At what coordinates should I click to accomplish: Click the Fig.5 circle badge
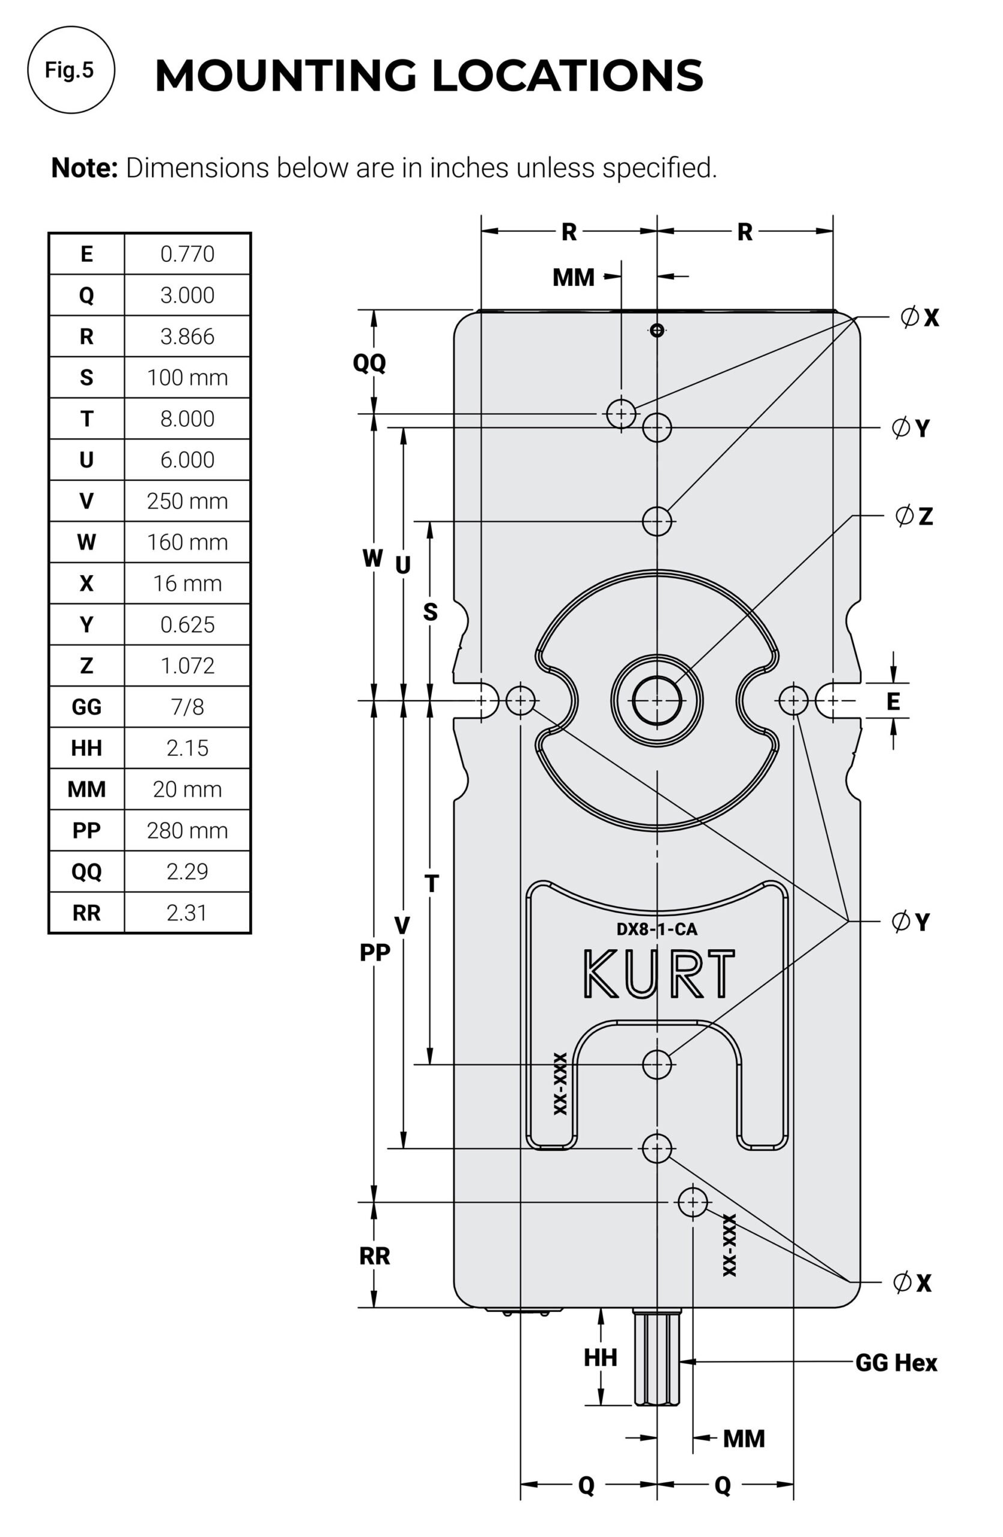pyautogui.click(x=70, y=70)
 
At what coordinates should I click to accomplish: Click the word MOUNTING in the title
pyautogui.click(x=285, y=76)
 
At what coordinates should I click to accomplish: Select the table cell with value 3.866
pyautogui.click(x=187, y=336)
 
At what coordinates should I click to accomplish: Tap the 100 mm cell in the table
pyautogui.click(x=187, y=378)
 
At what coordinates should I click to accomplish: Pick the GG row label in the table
pyautogui.click(x=86, y=707)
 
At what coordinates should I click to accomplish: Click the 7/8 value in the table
pyautogui.click(x=187, y=707)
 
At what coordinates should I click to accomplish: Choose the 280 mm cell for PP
pyautogui.click(x=187, y=830)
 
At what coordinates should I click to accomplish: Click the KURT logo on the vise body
pyautogui.click(x=658, y=974)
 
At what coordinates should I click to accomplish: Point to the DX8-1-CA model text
pyautogui.click(x=656, y=929)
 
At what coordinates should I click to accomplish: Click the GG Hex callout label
pyautogui.click(x=895, y=1363)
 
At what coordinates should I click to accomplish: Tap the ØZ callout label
pyautogui.click(x=914, y=516)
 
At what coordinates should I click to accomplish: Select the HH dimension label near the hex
pyautogui.click(x=600, y=1357)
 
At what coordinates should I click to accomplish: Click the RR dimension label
pyautogui.click(x=374, y=1256)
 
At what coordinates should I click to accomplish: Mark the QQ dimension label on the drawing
pyautogui.click(x=369, y=363)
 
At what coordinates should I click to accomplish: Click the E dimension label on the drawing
pyautogui.click(x=892, y=701)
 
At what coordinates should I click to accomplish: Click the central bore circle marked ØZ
pyautogui.click(x=657, y=701)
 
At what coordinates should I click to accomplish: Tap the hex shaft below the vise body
pyautogui.click(x=657, y=1359)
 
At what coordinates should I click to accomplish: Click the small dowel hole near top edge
pyautogui.click(x=657, y=331)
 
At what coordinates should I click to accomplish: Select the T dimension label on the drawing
pyautogui.click(x=431, y=883)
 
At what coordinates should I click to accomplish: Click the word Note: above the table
pyautogui.click(x=85, y=168)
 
